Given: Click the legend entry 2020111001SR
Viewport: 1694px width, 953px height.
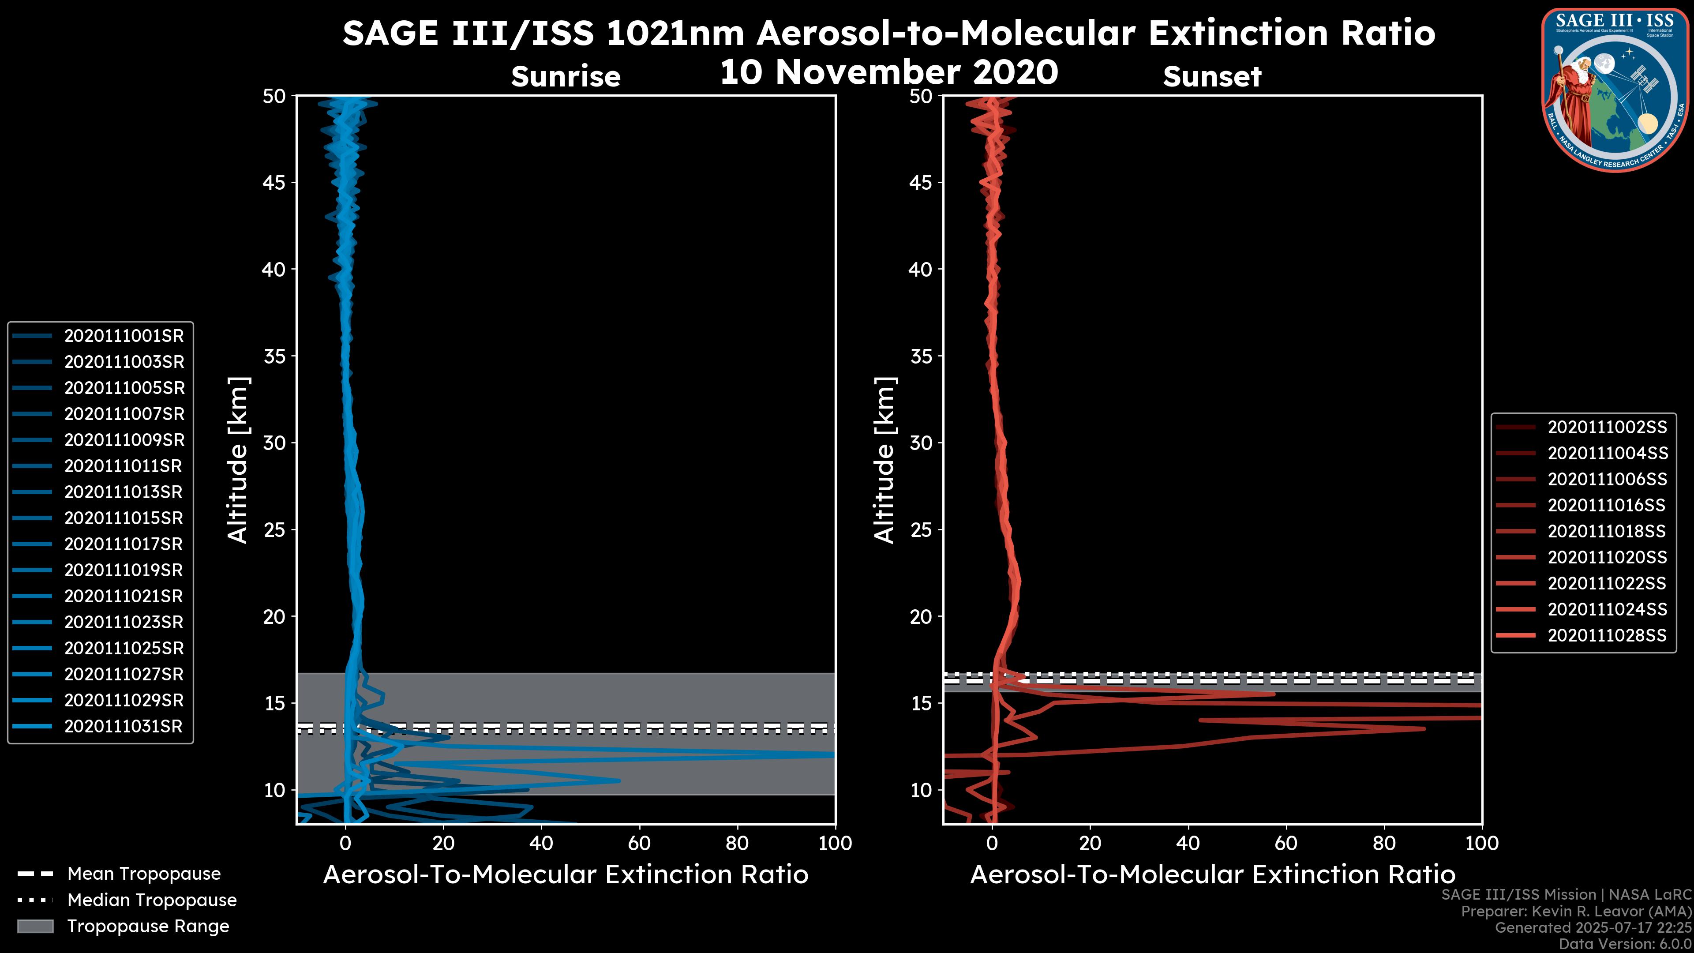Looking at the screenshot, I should (x=124, y=336).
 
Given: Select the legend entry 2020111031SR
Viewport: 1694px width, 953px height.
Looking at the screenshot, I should (x=124, y=727).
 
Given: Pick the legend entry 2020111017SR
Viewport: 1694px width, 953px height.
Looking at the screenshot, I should (x=124, y=544).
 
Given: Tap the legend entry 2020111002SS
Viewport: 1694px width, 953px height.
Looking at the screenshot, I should (x=1607, y=428).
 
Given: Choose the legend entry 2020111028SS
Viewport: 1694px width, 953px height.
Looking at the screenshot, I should (x=1607, y=636).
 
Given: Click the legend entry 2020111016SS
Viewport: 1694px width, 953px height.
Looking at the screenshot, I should (x=1607, y=506).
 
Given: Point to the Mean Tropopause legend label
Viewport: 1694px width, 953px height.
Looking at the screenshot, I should (x=144, y=874).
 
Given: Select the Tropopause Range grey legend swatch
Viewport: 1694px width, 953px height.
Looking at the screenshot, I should (x=35, y=926).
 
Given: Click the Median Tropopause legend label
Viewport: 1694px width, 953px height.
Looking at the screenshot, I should (x=152, y=900).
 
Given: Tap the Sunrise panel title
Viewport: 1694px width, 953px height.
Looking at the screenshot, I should (x=566, y=77).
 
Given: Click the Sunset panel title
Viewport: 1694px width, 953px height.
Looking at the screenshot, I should (x=1212, y=77).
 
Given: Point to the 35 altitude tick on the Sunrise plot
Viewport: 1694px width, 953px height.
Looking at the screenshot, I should (x=274, y=356).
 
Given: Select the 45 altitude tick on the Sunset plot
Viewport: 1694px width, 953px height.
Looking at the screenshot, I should (x=921, y=183).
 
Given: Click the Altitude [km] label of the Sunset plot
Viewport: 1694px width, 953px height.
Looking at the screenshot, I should (x=885, y=460).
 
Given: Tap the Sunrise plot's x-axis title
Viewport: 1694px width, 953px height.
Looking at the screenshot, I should (x=566, y=875).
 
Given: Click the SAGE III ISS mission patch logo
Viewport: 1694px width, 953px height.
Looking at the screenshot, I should (x=1614, y=90).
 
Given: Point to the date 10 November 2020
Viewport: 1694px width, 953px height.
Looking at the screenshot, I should (x=889, y=72).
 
